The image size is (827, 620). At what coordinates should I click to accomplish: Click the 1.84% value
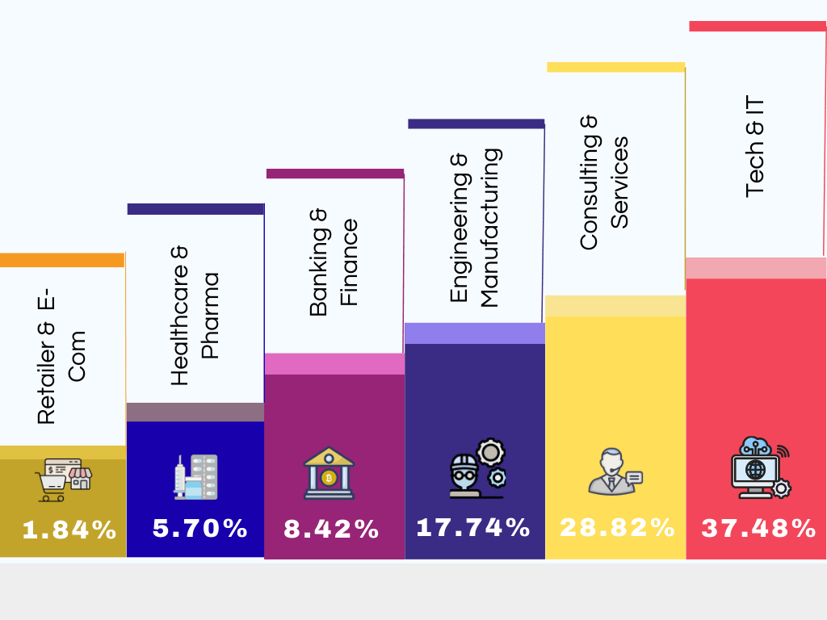(x=69, y=530)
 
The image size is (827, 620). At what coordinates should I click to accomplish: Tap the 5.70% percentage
(x=199, y=529)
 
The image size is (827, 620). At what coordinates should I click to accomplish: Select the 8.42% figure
(x=331, y=530)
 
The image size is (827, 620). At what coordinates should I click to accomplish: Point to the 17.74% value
(x=472, y=528)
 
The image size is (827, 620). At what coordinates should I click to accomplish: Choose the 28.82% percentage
(x=617, y=528)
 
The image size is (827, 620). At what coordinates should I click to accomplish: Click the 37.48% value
(x=758, y=529)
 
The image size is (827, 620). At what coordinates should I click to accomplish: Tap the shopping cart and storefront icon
(x=63, y=480)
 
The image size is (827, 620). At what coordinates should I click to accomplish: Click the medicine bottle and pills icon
(x=195, y=475)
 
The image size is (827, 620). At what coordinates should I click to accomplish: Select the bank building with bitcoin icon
(x=329, y=473)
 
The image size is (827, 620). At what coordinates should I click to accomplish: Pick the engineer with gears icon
(x=476, y=469)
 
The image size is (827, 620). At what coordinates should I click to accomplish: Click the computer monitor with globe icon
(x=760, y=467)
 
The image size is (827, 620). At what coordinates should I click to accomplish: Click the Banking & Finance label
(x=334, y=262)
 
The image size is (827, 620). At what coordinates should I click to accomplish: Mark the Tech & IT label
(x=755, y=146)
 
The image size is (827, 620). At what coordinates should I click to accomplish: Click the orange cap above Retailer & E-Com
(x=62, y=260)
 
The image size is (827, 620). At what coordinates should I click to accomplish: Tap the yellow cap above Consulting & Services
(x=615, y=67)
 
